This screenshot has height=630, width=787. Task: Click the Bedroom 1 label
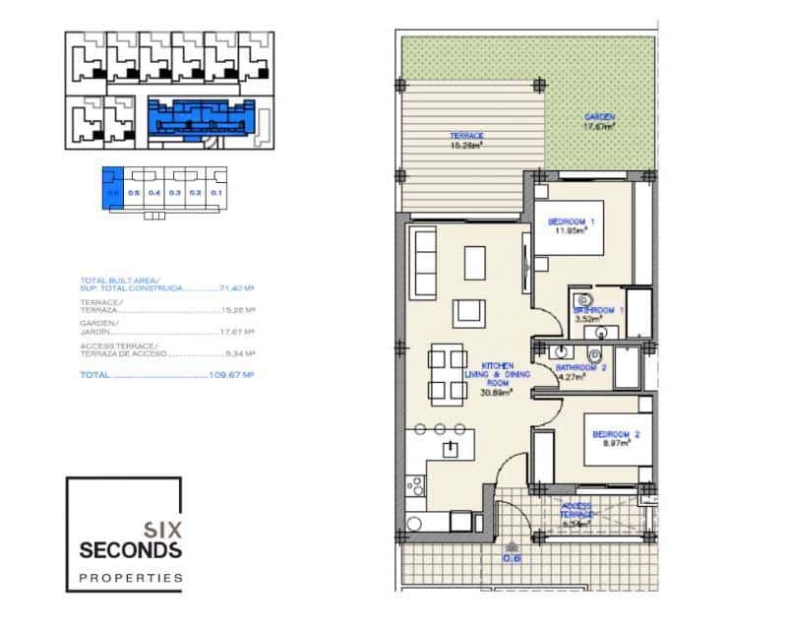point(568,227)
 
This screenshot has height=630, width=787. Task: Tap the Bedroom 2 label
point(617,437)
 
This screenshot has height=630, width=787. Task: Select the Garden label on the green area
point(599,121)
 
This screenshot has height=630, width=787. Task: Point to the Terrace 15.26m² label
point(465,141)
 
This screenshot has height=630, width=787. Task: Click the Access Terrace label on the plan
point(577,514)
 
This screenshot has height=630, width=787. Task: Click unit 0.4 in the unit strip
point(154,193)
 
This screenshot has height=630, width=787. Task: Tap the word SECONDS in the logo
point(123,548)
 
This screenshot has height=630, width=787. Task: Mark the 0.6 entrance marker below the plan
point(511,558)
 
